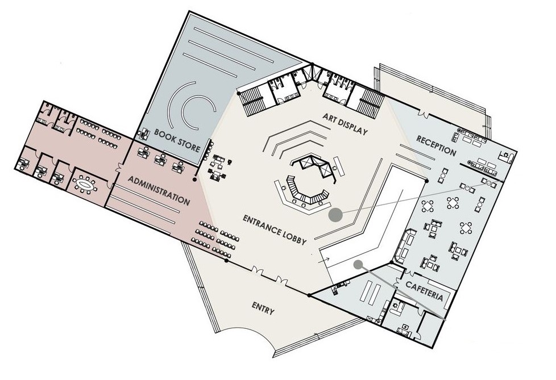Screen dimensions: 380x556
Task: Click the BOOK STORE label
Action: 177,141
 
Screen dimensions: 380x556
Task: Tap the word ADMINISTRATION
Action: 159,190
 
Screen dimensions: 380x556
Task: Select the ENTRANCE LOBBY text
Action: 275,229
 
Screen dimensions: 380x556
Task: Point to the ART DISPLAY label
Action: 345,124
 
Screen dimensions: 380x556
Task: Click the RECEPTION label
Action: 436,145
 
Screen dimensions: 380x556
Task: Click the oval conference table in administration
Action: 86,185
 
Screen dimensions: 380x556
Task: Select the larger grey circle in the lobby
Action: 335,214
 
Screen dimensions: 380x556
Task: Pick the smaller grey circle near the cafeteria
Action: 358,264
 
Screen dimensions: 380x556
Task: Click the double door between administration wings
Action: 118,168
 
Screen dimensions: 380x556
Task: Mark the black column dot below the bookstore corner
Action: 195,179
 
